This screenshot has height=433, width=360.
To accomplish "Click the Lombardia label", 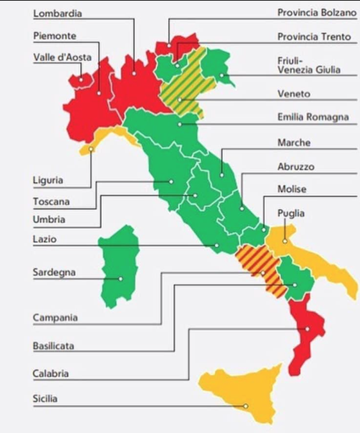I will (58, 14).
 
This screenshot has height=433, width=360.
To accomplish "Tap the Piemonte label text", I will (55, 36).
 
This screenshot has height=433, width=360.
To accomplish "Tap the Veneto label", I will (293, 93).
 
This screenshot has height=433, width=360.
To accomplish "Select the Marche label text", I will (294, 143).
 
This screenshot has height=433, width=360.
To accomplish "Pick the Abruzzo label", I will (296, 166).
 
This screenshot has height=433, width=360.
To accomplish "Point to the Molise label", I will (291, 188).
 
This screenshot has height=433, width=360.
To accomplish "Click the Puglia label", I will (290, 213).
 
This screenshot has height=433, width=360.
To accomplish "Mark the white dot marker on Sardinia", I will (121, 278).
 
